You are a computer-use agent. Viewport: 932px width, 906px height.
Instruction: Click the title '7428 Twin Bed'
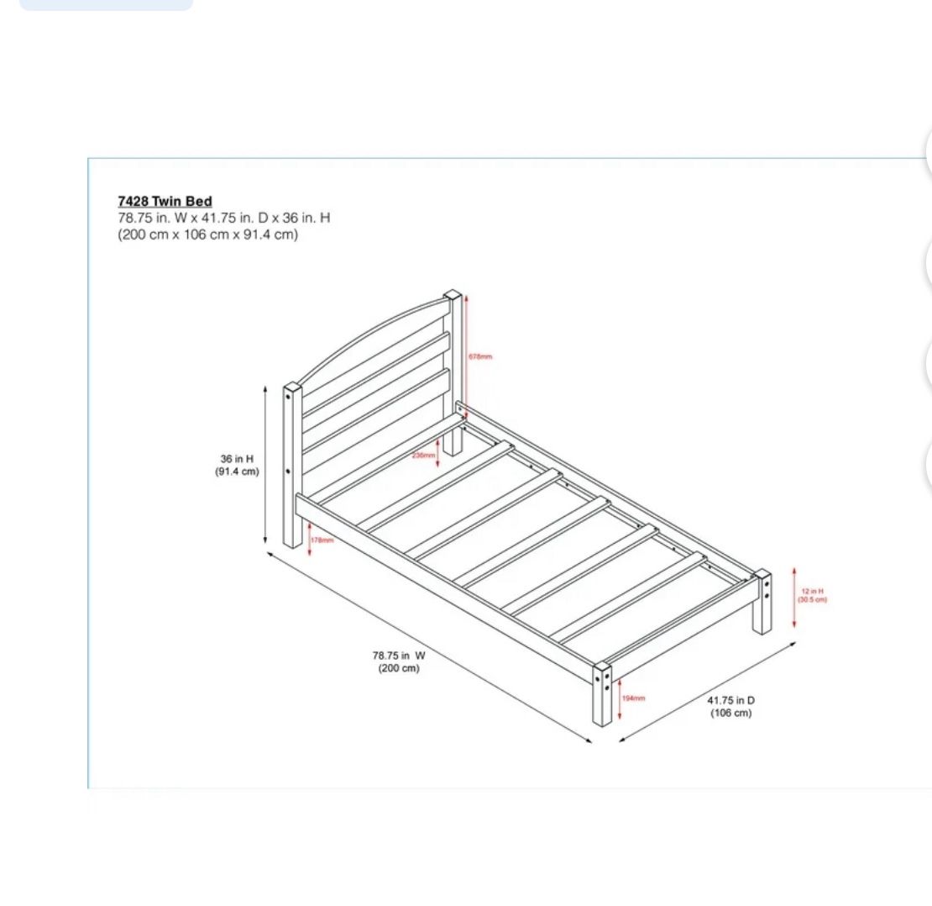pyautogui.click(x=165, y=202)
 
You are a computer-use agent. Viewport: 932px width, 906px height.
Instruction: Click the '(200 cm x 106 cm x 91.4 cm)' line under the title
pyautogui.click(x=207, y=234)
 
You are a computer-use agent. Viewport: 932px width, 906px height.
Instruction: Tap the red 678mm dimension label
pyautogui.click(x=480, y=357)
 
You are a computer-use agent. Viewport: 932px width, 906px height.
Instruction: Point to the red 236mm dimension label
pyautogui.click(x=423, y=456)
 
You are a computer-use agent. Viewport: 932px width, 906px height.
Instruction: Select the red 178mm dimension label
pyautogui.click(x=322, y=540)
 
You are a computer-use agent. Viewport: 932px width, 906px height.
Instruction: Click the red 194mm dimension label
pyautogui.click(x=633, y=698)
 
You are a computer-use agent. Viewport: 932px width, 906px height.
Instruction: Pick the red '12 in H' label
pyautogui.click(x=812, y=592)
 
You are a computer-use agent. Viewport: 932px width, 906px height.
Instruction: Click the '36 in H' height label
pyautogui.click(x=237, y=459)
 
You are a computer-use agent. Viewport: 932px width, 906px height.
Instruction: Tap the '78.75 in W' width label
pyautogui.click(x=399, y=656)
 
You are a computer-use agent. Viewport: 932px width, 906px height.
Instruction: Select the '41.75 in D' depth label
pyautogui.click(x=730, y=700)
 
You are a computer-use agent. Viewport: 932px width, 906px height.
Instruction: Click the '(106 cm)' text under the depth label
pyautogui.click(x=730, y=714)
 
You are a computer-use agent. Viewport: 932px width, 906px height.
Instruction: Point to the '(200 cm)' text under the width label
pyautogui.click(x=399, y=669)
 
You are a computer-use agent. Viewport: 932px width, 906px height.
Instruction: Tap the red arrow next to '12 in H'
pyautogui.click(x=794, y=598)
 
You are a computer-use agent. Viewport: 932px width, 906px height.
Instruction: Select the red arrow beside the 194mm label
pyautogui.click(x=620, y=699)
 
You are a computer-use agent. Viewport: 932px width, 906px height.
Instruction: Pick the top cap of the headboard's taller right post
pyautogui.click(x=453, y=296)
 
